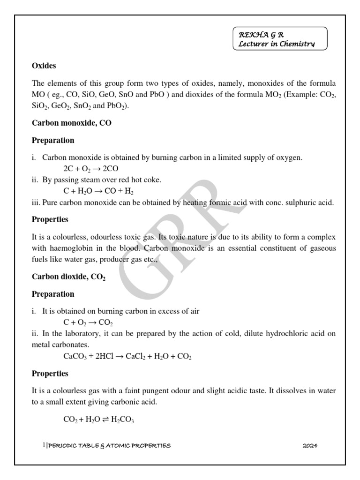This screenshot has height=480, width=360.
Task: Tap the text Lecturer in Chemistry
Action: coord(277,44)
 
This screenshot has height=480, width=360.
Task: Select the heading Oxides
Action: coord(44,66)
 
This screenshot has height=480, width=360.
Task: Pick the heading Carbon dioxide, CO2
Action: coord(68,277)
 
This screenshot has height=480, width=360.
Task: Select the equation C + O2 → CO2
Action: coord(88,322)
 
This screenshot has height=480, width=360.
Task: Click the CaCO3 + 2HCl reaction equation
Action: coord(127,357)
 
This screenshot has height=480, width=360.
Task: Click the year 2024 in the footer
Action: coord(310,446)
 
